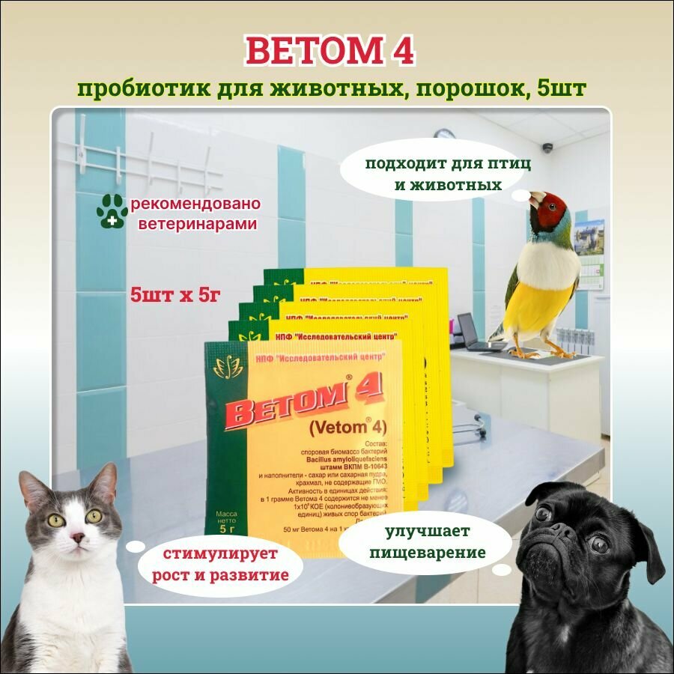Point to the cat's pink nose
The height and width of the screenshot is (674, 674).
click(x=76, y=537)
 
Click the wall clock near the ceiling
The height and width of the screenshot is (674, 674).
click(x=445, y=136)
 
